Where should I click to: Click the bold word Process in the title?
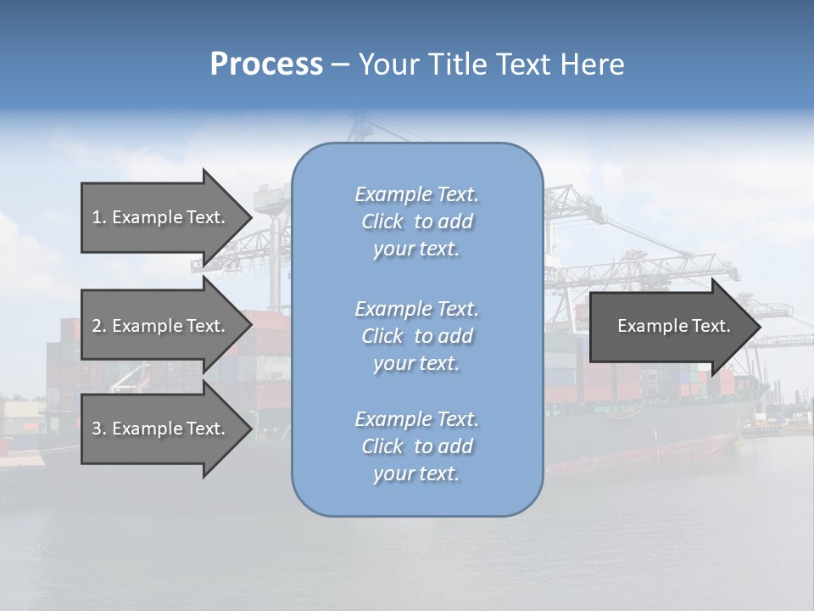[266, 64]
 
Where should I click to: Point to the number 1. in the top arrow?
[99, 217]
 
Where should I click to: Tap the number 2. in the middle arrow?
[99, 326]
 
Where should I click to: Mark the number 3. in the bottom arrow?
[99, 429]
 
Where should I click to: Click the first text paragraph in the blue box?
[416, 221]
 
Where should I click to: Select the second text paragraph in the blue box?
[416, 336]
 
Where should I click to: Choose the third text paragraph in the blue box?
[416, 446]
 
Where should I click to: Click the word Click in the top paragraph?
[382, 222]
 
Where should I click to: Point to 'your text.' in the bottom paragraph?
[416, 474]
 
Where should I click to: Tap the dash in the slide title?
[341, 65]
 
